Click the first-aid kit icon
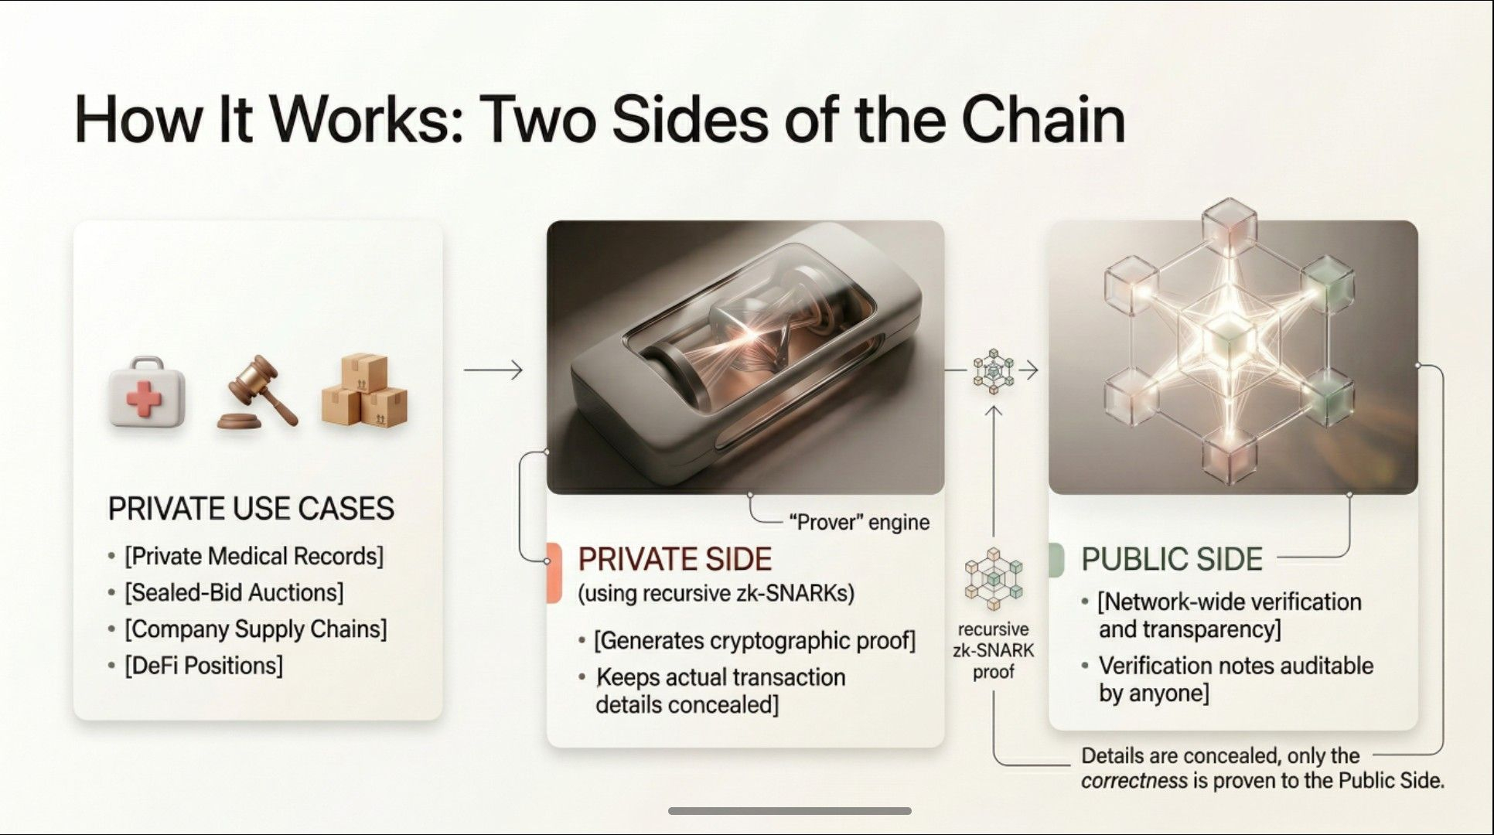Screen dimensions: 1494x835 pos(147,392)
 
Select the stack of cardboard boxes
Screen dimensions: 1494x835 pos(363,390)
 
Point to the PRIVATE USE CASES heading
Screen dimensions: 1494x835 pos(251,509)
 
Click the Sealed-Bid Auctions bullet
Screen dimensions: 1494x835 pos(234,593)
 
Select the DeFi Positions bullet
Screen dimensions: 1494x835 pos(203,666)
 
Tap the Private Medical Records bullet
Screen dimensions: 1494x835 pos(254,557)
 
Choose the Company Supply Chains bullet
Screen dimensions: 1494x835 pos(255,629)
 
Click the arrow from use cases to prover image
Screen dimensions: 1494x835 pos(493,370)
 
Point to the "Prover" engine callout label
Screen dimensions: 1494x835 pos(858,523)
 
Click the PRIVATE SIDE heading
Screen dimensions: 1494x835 pos(674,559)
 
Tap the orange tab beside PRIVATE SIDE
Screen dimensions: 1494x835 pos(553,573)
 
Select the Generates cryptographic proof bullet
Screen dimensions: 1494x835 pos(754,641)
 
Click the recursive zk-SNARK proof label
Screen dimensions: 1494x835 pos(993,651)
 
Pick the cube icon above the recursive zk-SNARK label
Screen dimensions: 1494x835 pos(993,580)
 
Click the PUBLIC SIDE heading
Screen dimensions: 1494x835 pos(1171,559)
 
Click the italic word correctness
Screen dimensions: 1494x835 pos(1134,781)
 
